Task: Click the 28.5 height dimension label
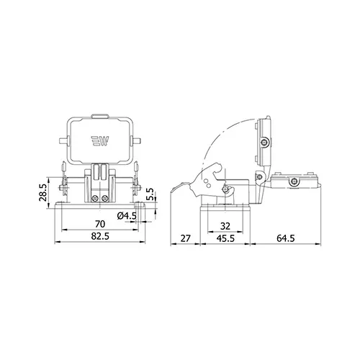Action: (44, 193)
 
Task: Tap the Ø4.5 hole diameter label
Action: (127, 216)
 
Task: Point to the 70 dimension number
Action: (100, 224)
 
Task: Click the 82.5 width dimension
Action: (100, 236)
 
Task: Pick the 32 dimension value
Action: (225, 226)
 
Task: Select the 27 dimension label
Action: (185, 238)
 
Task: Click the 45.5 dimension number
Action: (225, 238)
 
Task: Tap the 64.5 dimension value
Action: (285, 238)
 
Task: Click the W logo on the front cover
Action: (100, 141)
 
